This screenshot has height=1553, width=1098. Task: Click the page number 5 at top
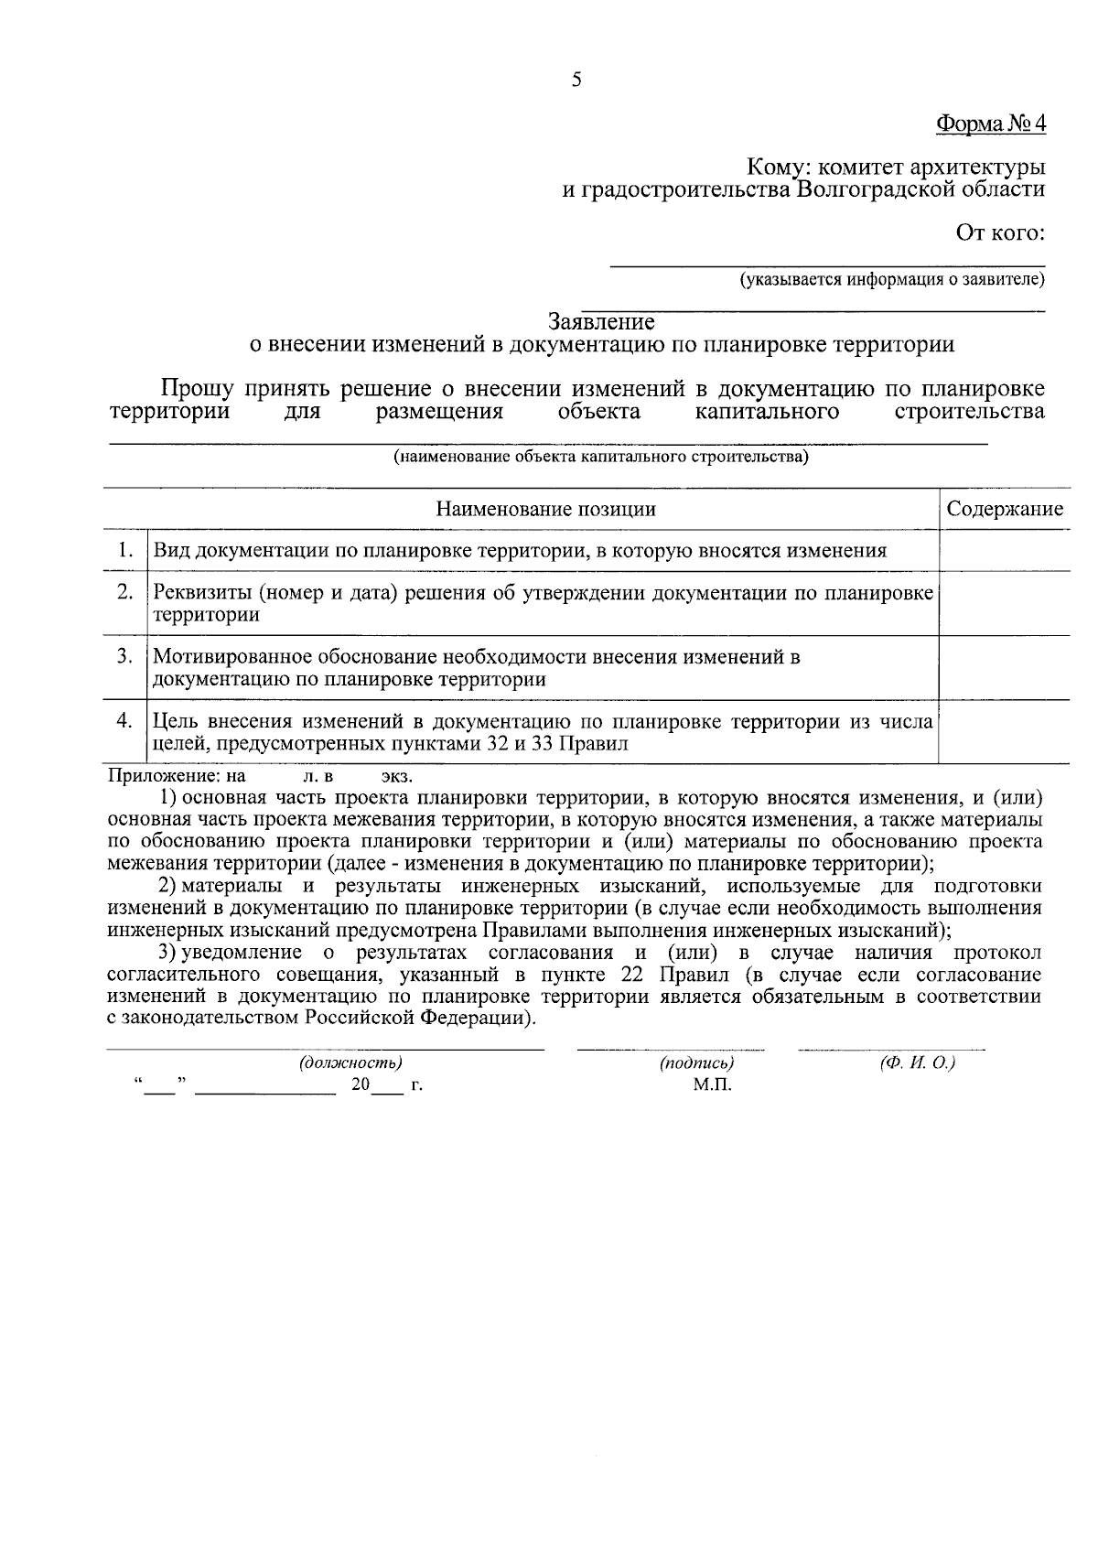click(576, 80)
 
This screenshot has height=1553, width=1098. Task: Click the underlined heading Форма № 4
click(990, 123)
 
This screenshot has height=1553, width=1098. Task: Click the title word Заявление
click(601, 322)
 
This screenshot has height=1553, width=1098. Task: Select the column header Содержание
click(1005, 509)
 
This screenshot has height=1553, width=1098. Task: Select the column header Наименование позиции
click(545, 509)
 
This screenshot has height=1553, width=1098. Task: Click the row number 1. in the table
click(125, 550)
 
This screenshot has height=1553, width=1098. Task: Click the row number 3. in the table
click(125, 656)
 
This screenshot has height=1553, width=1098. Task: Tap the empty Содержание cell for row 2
click(1005, 603)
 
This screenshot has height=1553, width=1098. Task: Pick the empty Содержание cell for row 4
click(1005, 732)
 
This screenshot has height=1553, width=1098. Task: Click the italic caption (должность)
click(350, 1063)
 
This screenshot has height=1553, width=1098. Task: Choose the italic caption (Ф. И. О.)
click(917, 1063)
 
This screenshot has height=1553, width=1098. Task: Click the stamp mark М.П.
click(712, 1085)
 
